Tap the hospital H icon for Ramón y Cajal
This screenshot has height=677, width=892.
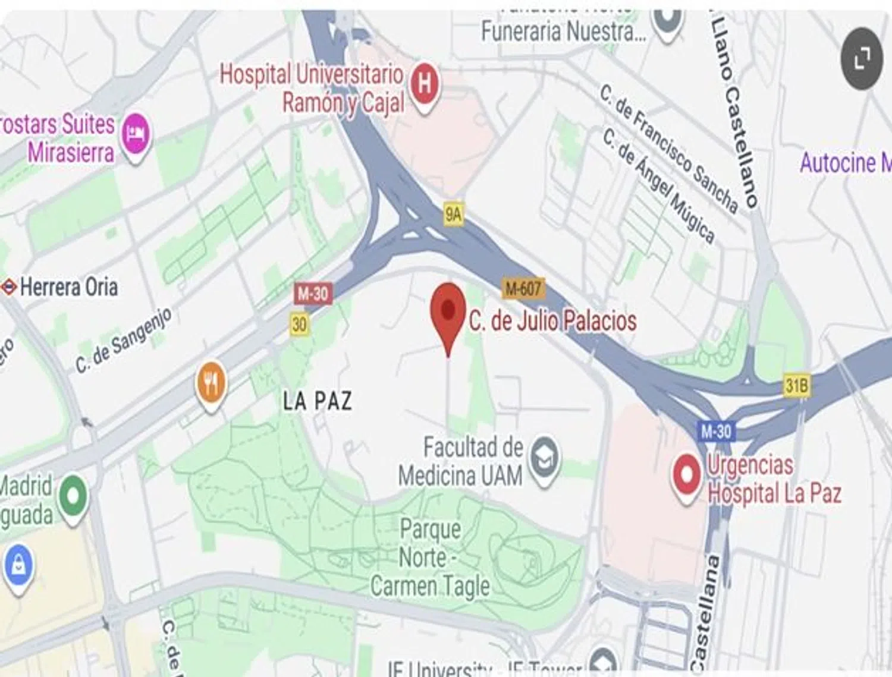pos(424,84)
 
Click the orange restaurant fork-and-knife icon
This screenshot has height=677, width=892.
pos(211,382)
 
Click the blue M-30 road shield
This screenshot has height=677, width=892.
pos(715,431)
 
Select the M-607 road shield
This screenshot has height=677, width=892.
pos(523,289)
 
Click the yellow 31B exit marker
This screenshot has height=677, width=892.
pos(796,386)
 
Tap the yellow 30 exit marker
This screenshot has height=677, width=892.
pos(300,324)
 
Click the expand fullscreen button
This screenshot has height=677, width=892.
pos(861,59)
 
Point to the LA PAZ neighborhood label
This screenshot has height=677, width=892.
pos(317,401)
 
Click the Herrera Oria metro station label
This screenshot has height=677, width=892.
pos(68,287)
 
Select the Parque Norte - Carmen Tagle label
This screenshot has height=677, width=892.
pos(430,558)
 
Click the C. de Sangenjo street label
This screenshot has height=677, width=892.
pos(123,340)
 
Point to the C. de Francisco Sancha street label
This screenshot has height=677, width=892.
pos(669,149)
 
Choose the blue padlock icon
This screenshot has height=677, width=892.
pos(18,565)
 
